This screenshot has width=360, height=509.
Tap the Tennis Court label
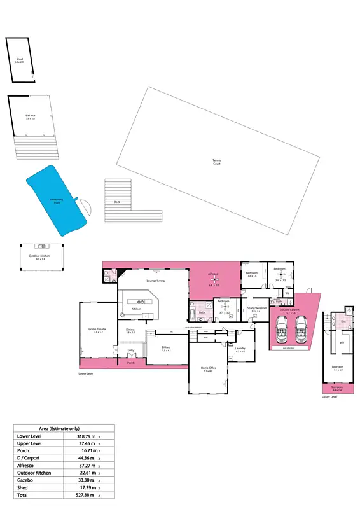[x=216, y=162]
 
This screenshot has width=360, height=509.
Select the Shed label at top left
[x=19, y=60]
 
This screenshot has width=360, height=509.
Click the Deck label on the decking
[x=117, y=202]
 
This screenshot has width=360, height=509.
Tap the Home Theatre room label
[x=98, y=330]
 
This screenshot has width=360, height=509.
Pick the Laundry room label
[x=240, y=348]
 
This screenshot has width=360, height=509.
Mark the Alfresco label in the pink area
[x=214, y=274]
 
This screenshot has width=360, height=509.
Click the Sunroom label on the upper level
[x=336, y=387]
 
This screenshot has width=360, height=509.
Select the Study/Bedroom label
[x=254, y=309]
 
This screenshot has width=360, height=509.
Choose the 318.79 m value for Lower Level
[x=84, y=436]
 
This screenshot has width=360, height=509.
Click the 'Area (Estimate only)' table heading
[x=64, y=428]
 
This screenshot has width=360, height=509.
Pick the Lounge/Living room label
[x=156, y=280]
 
